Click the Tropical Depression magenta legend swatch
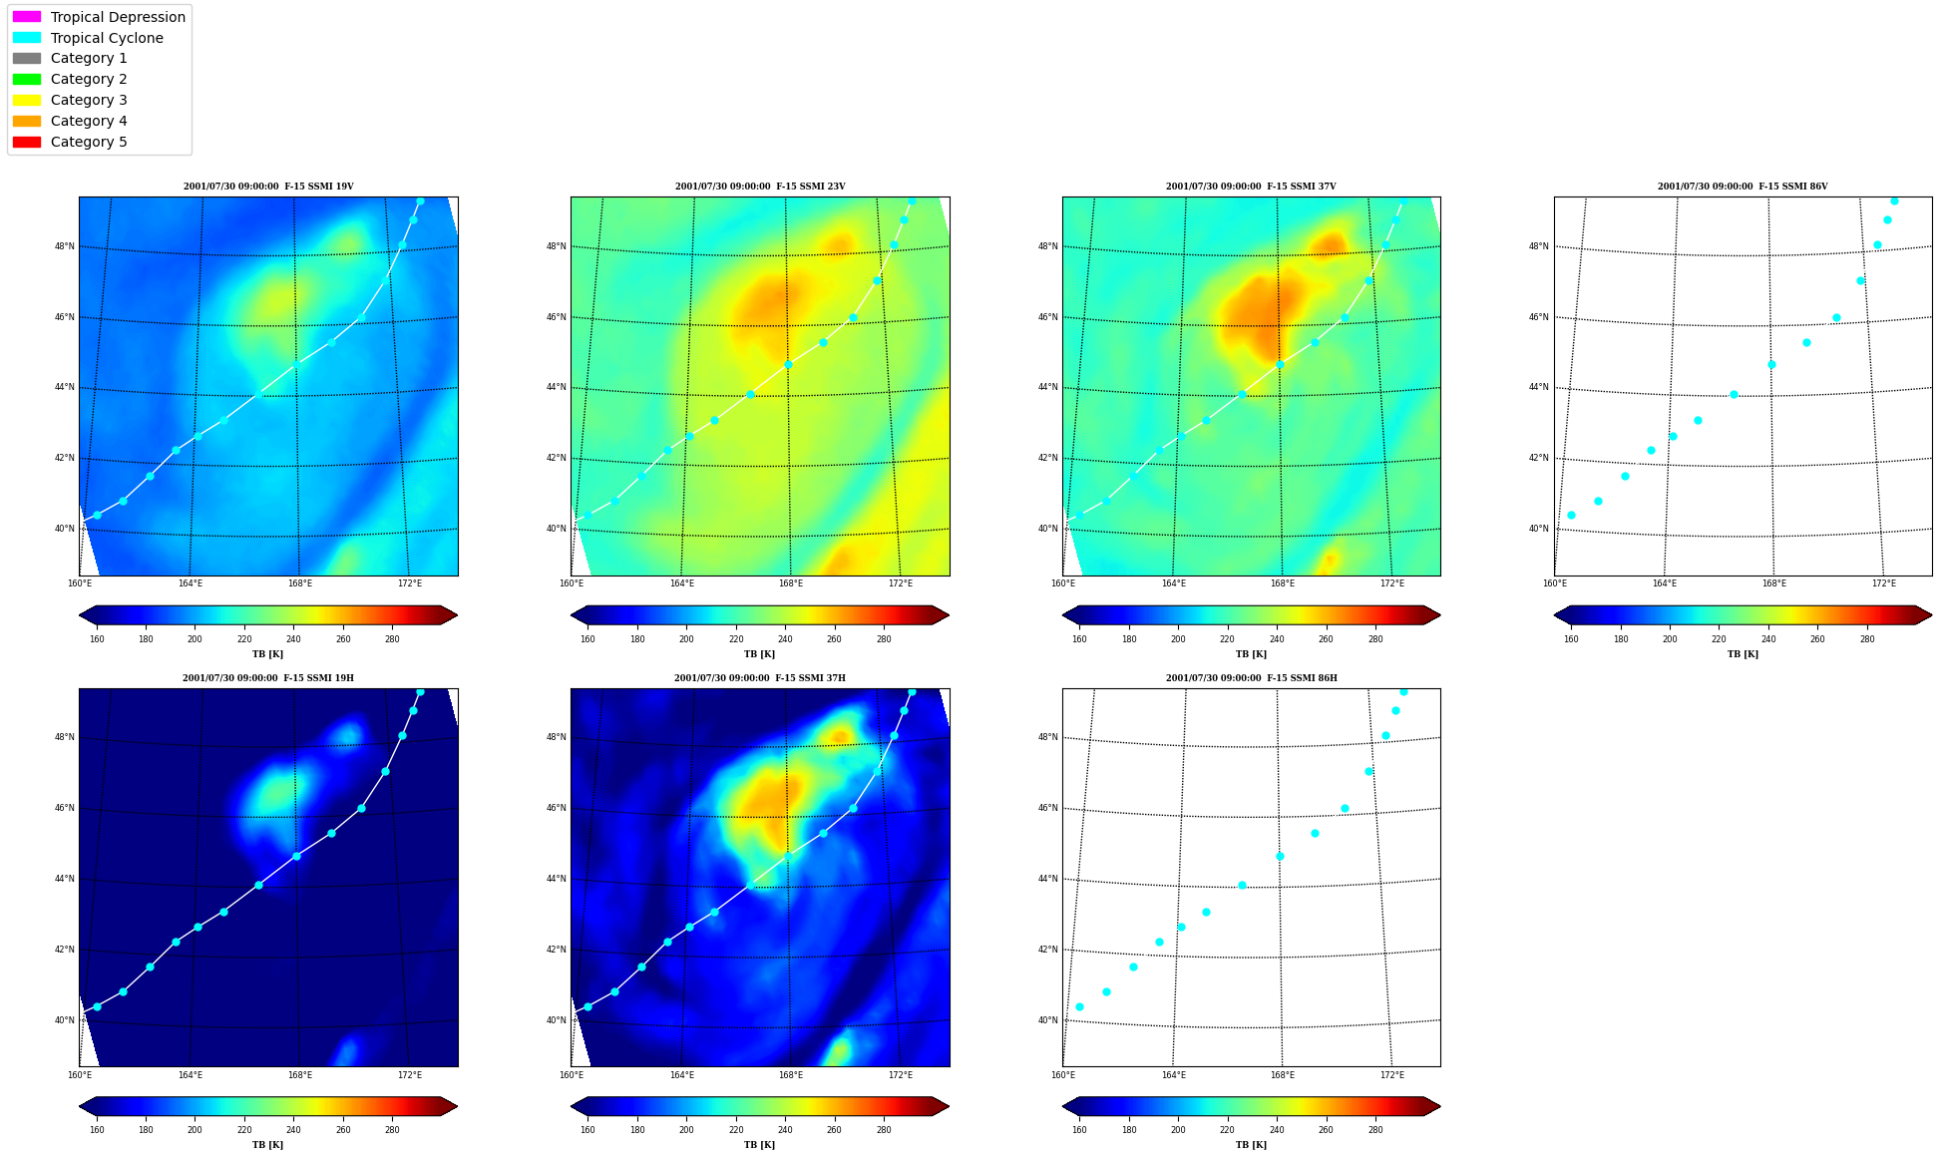pyautogui.click(x=27, y=17)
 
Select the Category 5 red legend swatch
pyautogui.click(x=27, y=142)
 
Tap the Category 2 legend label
pyautogui.click(x=89, y=79)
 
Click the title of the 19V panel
pyautogui.click(x=268, y=187)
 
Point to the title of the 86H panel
pyautogui.click(x=1252, y=678)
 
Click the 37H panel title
pyautogui.click(x=760, y=678)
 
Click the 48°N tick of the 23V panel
pyautogui.click(x=557, y=246)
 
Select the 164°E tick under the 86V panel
pyautogui.click(x=1665, y=583)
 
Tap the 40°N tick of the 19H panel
pyautogui.click(x=65, y=1020)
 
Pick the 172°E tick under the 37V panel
pyautogui.click(x=1392, y=583)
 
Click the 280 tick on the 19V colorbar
pyautogui.click(x=392, y=639)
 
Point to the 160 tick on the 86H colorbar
pyautogui.click(x=1079, y=1130)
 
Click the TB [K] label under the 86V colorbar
pyautogui.click(x=1743, y=654)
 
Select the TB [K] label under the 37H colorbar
pyautogui.click(x=759, y=1145)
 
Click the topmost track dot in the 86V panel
pyautogui.click(x=1894, y=201)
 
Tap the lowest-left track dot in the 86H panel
pyautogui.click(x=1079, y=1007)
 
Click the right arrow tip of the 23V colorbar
pyautogui.click(x=949, y=615)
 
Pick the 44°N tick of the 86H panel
pyautogui.click(x=1048, y=879)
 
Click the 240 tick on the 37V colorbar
pyautogui.click(x=1277, y=639)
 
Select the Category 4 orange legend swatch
pyautogui.click(x=27, y=121)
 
